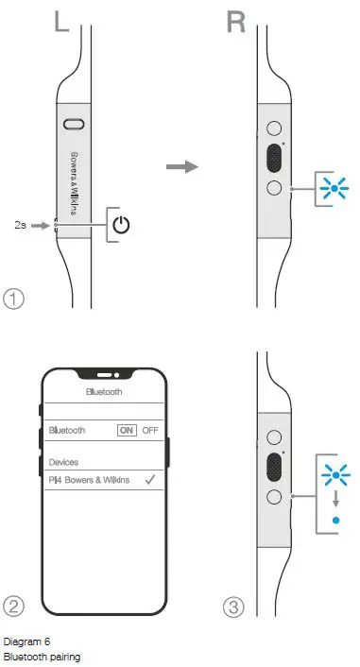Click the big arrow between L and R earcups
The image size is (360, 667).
point(182,167)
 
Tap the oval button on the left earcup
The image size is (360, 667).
point(74,124)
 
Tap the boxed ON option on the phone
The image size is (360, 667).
point(127,430)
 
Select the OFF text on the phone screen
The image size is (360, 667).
point(150,430)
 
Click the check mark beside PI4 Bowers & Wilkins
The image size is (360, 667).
point(149,480)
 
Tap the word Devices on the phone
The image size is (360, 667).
point(64,462)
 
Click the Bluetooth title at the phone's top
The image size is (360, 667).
point(104,390)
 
